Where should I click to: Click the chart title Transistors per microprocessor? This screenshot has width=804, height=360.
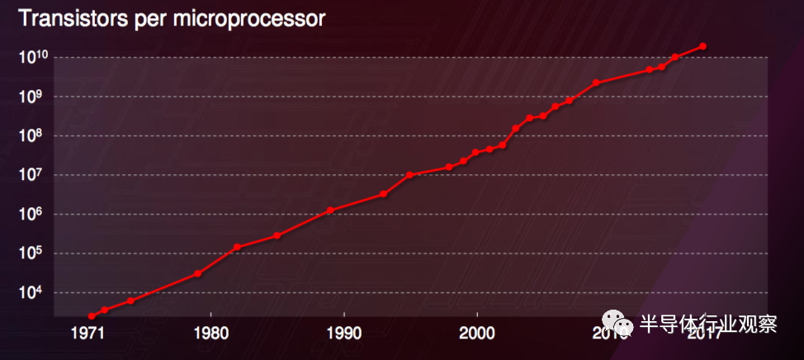tap(172, 19)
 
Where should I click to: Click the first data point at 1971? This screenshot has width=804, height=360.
tap(92, 316)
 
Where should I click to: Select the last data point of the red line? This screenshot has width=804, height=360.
tap(702, 46)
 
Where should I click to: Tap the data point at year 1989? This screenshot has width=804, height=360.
tap(330, 210)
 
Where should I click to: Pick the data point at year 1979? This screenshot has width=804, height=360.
tap(198, 273)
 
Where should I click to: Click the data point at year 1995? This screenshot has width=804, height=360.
tap(409, 175)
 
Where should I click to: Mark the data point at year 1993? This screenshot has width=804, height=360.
tap(383, 194)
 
